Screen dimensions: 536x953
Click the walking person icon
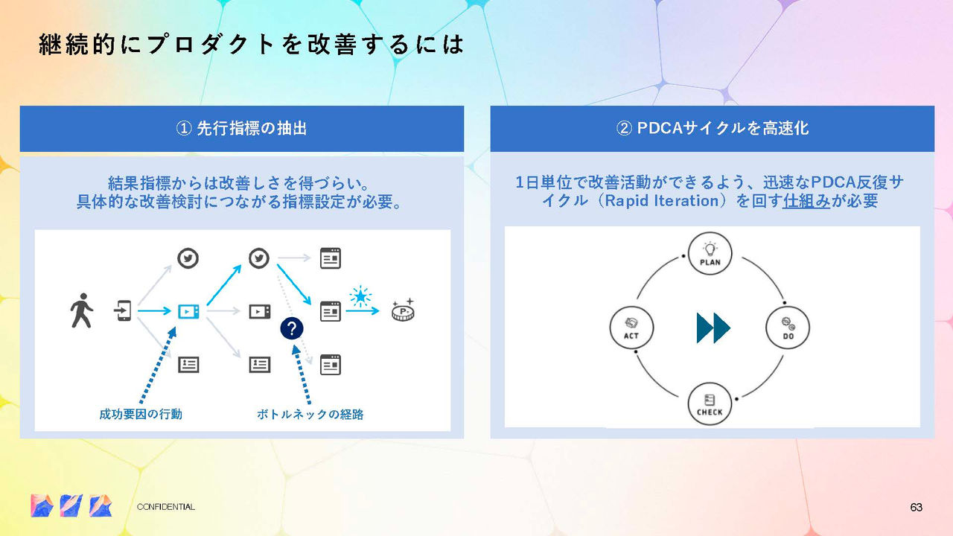(81, 310)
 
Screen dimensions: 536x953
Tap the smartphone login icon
(124, 310)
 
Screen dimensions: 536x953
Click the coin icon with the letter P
(404, 310)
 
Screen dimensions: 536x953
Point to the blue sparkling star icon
(361, 296)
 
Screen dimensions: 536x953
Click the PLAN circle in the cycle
(710, 253)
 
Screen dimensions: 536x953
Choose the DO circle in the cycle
(788, 328)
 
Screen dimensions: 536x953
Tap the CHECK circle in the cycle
(710, 403)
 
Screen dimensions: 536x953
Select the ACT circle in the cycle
(631, 328)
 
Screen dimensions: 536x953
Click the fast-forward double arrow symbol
(713, 328)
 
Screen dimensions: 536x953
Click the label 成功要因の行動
(141, 414)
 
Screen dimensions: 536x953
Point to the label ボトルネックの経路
(310, 414)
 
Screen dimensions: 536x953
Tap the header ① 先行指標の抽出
(241, 129)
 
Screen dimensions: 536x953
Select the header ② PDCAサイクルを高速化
(712, 129)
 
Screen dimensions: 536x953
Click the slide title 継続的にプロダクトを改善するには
(251, 45)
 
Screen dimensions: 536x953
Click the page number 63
(916, 507)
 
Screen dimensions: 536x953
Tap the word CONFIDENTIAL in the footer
(166, 507)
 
